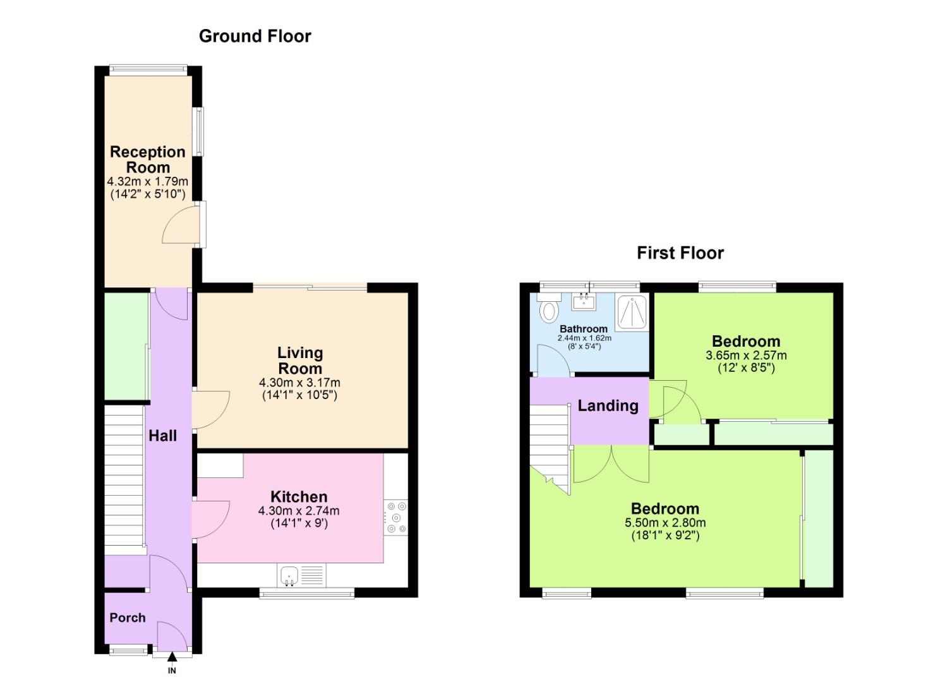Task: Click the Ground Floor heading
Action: (x=255, y=37)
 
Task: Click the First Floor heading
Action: (x=680, y=253)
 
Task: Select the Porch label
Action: (x=128, y=618)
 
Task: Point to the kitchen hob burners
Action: (x=397, y=517)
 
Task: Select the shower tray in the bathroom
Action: (x=632, y=312)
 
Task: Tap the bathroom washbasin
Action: (x=585, y=301)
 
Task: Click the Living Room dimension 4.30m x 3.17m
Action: (x=299, y=383)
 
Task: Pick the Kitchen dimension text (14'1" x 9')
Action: (x=299, y=523)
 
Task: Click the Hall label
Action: (x=162, y=436)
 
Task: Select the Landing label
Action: (x=608, y=406)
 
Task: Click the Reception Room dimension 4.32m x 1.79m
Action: (x=148, y=181)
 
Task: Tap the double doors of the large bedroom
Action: (x=611, y=464)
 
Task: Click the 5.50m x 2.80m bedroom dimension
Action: (x=664, y=523)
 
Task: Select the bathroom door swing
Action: (x=551, y=360)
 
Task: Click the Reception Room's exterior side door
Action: (x=183, y=226)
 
